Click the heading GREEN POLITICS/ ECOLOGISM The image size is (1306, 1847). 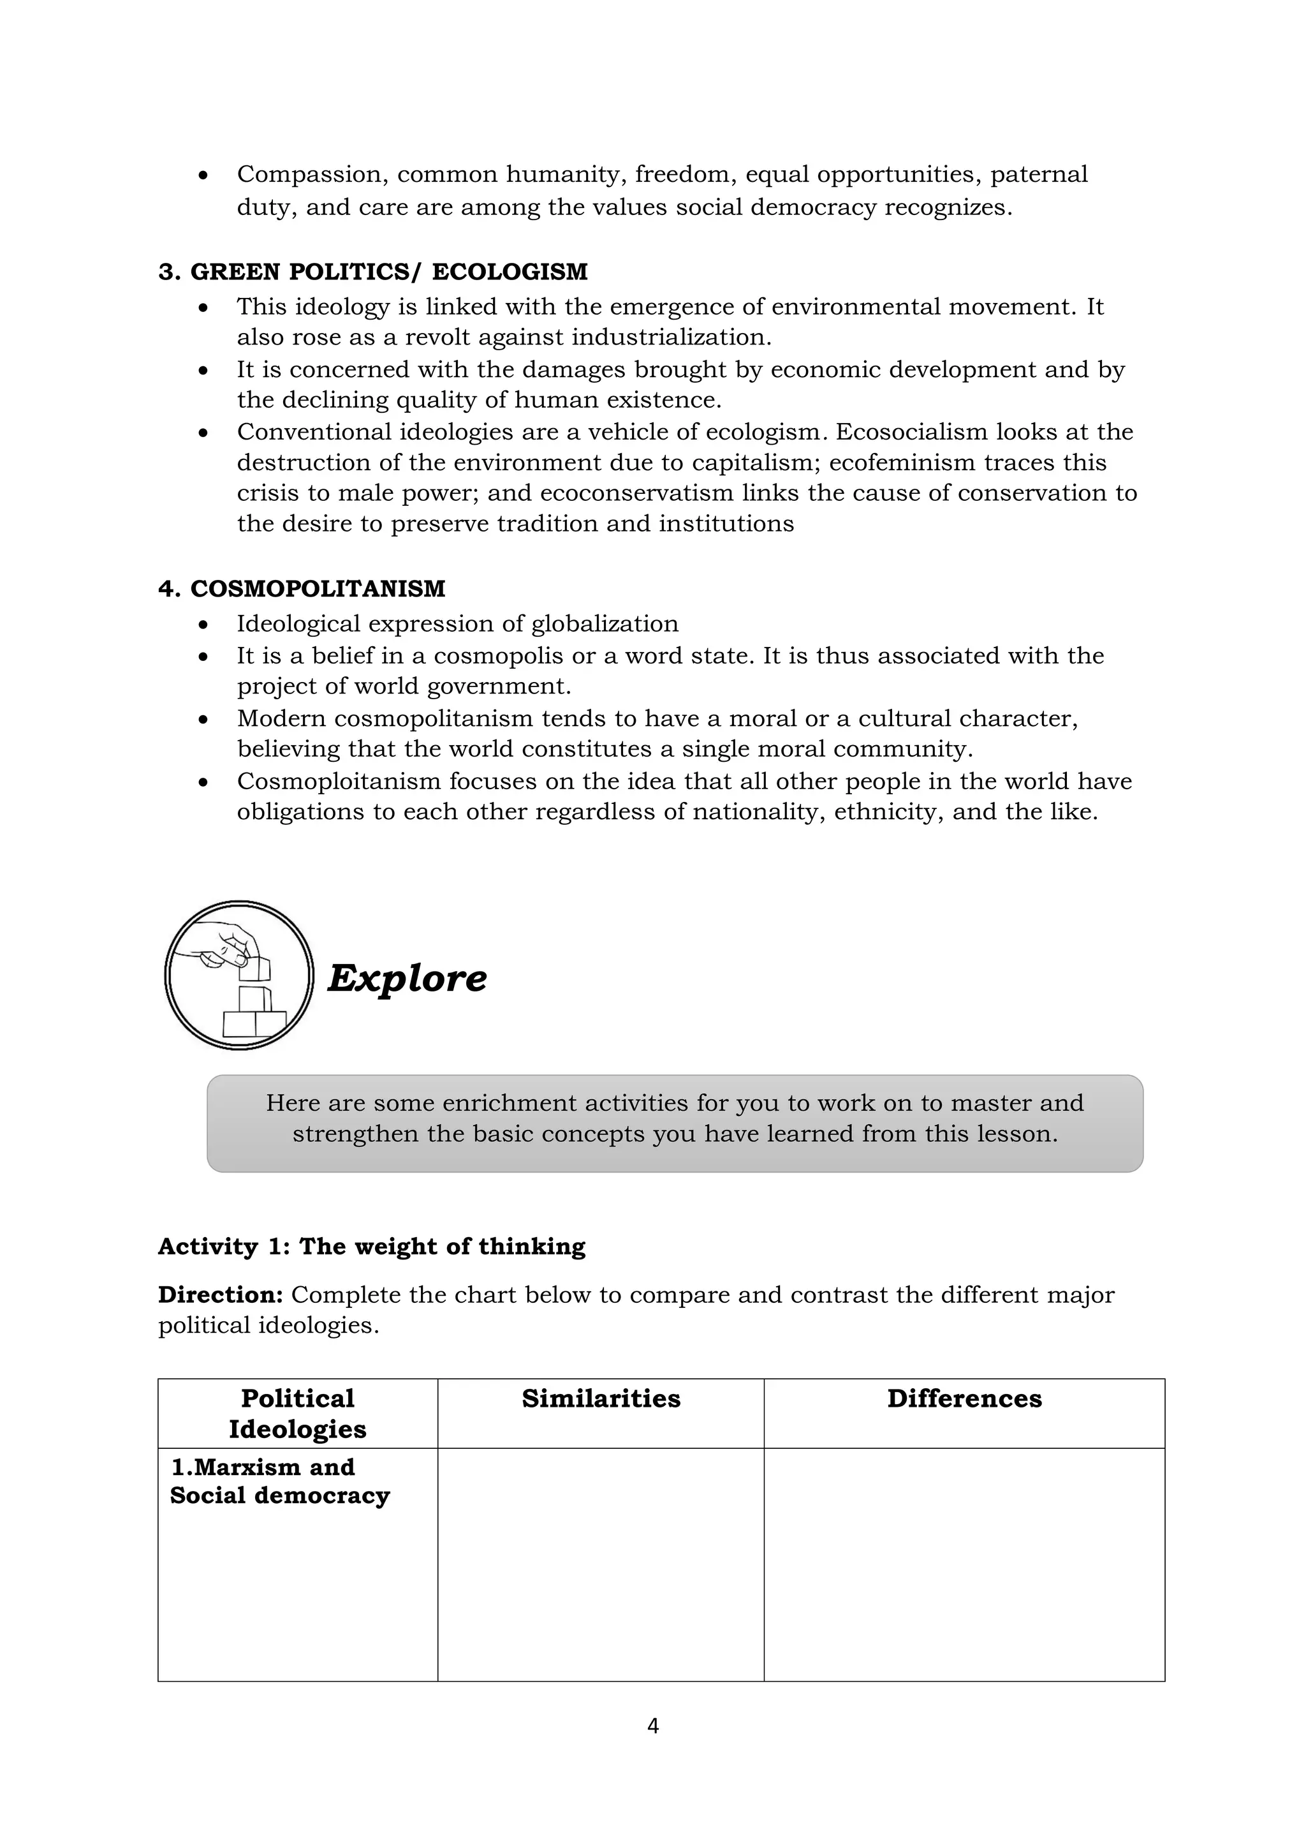click(372, 272)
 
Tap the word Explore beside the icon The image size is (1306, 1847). click(407, 978)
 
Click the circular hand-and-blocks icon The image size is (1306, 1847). click(239, 975)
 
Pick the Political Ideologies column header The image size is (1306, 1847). click(298, 1413)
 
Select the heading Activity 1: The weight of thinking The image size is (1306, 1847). click(372, 1246)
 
